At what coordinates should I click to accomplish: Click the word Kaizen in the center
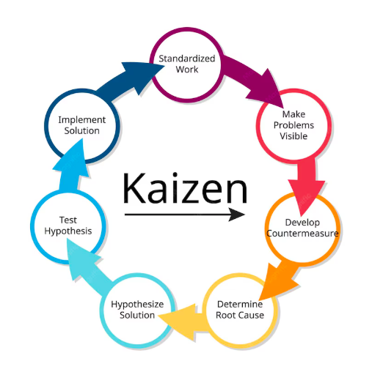click(185, 187)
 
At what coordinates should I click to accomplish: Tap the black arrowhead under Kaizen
click(236, 215)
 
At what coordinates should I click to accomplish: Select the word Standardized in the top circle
click(186, 59)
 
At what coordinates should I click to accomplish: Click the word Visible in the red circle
click(293, 136)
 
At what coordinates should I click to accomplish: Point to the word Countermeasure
click(302, 234)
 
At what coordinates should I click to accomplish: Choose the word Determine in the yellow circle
click(240, 304)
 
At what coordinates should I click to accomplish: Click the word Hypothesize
click(137, 305)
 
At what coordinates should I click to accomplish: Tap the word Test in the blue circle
click(68, 220)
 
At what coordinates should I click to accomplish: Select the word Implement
click(82, 120)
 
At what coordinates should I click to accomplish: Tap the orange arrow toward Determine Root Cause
click(279, 281)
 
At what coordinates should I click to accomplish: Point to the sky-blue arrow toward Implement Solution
click(71, 166)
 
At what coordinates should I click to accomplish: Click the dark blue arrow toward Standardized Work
click(130, 79)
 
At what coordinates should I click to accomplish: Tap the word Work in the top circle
click(186, 70)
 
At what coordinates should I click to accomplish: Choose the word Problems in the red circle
click(293, 125)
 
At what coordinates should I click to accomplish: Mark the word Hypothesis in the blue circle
click(68, 231)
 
